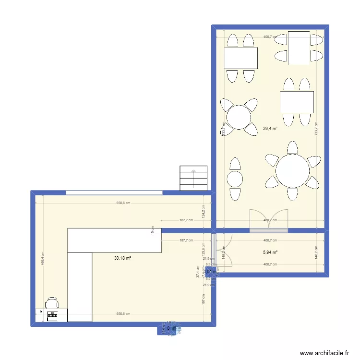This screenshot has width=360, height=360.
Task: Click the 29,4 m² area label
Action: click(270, 128)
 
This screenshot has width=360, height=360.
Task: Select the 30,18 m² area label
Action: click(122, 258)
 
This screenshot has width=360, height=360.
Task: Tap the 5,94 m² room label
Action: click(270, 252)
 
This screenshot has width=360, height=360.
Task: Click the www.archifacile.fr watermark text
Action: click(324, 353)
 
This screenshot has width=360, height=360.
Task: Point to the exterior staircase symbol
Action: click(193, 178)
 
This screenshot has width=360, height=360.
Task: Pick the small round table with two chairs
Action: click(235, 179)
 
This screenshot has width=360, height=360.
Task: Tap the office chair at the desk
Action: click(52, 303)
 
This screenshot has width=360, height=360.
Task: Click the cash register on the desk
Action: click(51, 315)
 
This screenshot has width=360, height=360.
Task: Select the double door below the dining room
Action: click(269, 221)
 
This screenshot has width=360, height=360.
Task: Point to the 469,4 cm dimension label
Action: click(43, 259)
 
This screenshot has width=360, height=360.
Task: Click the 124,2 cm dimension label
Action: click(204, 210)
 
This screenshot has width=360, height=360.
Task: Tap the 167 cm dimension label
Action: click(204, 299)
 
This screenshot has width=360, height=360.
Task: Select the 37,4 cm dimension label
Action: click(197, 272)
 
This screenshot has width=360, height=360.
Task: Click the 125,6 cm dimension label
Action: click(204, 250)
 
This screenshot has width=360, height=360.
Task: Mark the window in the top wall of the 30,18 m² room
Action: click(114, 193)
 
